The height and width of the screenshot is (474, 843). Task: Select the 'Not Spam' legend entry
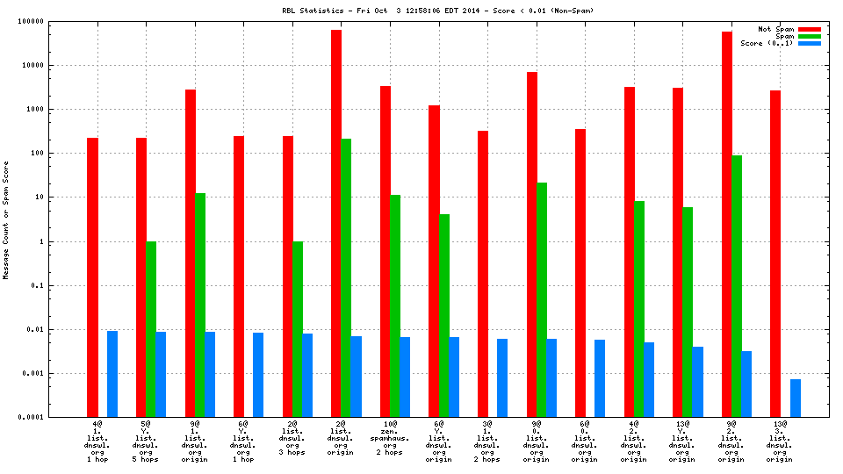[x=776, y=29]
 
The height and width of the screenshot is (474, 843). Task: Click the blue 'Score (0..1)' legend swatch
[x=809, y=43]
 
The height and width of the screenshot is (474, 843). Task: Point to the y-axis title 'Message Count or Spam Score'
[x=7, y=220]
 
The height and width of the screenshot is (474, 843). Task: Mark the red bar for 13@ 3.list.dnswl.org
[x=775, y=254]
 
